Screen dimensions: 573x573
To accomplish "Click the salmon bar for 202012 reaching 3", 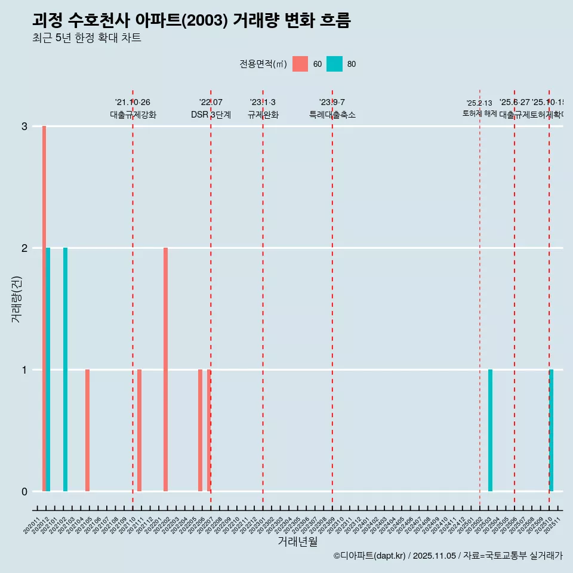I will click(44, 309).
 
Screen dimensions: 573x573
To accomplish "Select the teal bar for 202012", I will click(48, 369).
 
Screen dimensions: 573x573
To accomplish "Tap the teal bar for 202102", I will click(66, 369).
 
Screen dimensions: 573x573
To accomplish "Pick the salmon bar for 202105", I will click(87, 430).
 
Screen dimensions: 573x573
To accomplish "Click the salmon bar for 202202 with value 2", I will click(165, 369).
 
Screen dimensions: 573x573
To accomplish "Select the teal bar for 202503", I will click(490, 430).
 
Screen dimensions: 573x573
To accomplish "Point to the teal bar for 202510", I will click(552, 430).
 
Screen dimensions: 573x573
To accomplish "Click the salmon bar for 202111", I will click(139, 430).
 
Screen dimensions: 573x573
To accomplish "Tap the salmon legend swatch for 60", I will click(300, 64).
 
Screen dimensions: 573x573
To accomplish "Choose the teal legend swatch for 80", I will click(334, 64).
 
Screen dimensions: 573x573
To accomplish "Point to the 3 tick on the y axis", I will click(24, 127).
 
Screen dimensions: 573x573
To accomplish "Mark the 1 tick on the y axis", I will click(24, 370).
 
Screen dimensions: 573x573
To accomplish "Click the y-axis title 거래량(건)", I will click(16, 298).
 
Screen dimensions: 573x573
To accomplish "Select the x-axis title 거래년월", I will click(297, 541).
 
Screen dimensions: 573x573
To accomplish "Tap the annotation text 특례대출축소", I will click(332, 115).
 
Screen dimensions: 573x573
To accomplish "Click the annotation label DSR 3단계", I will click(211, 115).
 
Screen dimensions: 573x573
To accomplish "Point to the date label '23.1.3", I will click(263, 103).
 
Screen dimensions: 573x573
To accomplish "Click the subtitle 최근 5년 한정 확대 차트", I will click(87, 38).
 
